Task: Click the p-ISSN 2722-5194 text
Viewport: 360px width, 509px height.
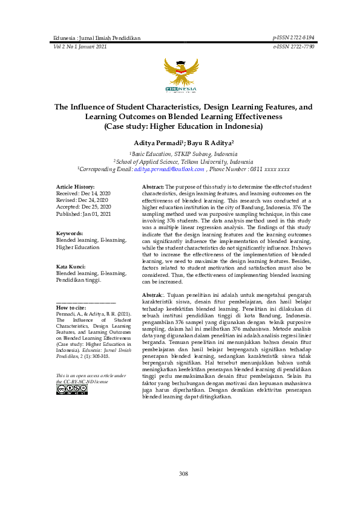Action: pos(294,37)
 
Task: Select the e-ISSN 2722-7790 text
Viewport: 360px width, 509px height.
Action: pos(294,46)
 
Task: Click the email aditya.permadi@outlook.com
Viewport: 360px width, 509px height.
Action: pos(169,170)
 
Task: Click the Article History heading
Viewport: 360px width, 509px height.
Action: pos(75,187)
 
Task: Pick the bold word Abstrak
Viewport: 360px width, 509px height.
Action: pos(152,294)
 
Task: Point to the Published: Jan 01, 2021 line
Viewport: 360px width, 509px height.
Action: pos(83,214)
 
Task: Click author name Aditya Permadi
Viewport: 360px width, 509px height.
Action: pos(157,143)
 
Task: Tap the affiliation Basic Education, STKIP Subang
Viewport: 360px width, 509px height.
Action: pos(183,155)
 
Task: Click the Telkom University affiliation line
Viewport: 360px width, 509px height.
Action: pos(183,163)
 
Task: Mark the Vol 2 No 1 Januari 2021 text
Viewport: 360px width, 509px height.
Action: pos(80,46)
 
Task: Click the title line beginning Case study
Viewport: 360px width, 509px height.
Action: pos(183,127)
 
